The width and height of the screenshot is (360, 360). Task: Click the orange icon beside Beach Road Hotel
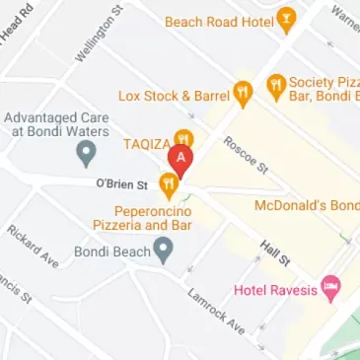click(x=287, y=18)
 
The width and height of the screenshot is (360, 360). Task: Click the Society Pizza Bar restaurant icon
click(x=276, y=85)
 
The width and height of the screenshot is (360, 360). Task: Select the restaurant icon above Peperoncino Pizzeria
click(x=169, y=181)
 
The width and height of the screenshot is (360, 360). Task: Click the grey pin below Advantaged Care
click(x=86, y=152)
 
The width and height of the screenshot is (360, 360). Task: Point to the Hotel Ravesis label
click(x=277, y=290)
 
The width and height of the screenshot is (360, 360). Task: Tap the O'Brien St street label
click(x=121, y=183)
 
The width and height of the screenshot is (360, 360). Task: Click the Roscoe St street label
click(x=246, y=154)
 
